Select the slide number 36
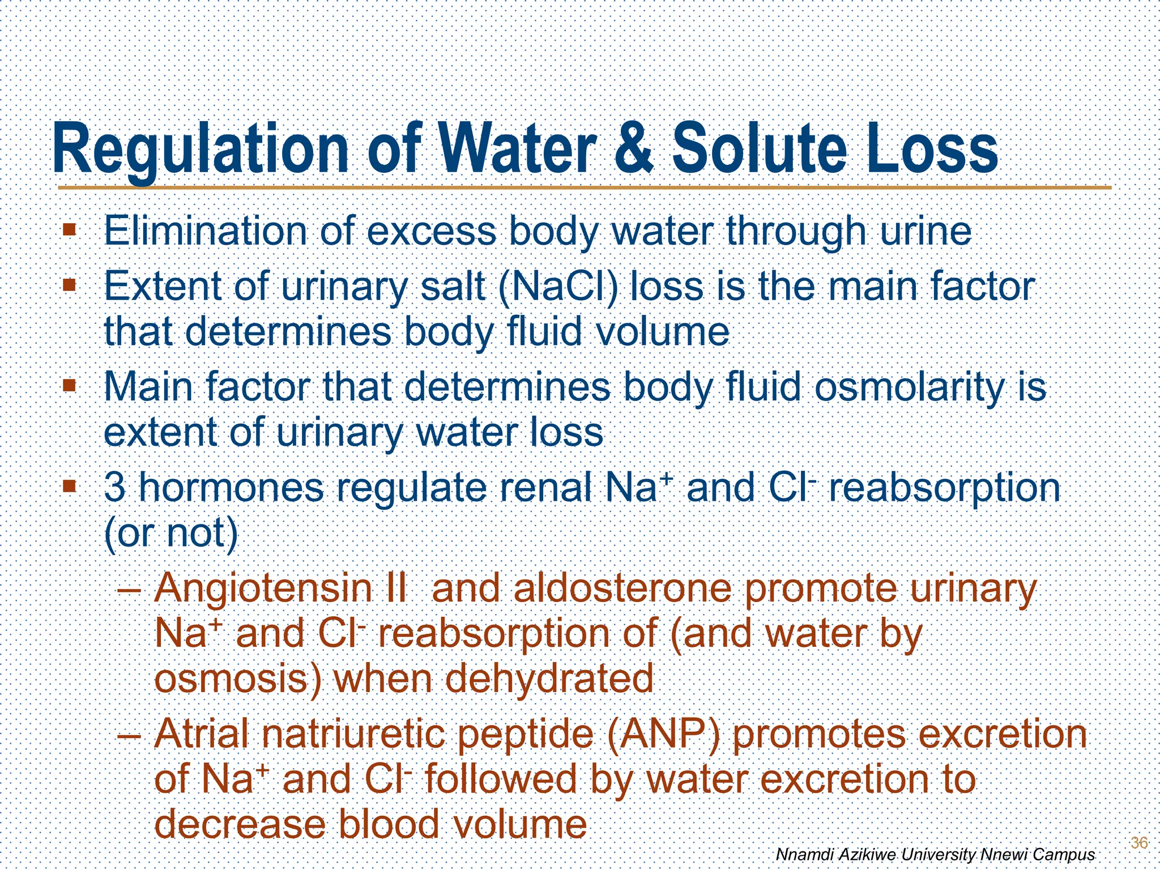pos(1139,842)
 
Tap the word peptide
pos(525,735)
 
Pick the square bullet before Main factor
pos(69,386)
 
